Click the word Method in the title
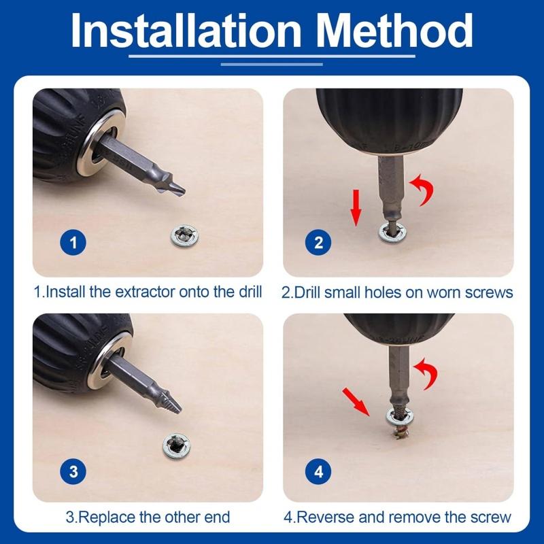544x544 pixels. [x=392, y=30]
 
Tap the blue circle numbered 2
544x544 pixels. [x=319, y=242]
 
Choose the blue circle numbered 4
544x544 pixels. [x=319, y=471]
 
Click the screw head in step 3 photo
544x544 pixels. [x=177, y=447]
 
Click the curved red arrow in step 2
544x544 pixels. [x=423, y=189]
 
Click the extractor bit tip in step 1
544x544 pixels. [x=175, y=186]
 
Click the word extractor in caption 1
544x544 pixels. [x=147, y=292]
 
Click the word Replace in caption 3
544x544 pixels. [x=107, y=517]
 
